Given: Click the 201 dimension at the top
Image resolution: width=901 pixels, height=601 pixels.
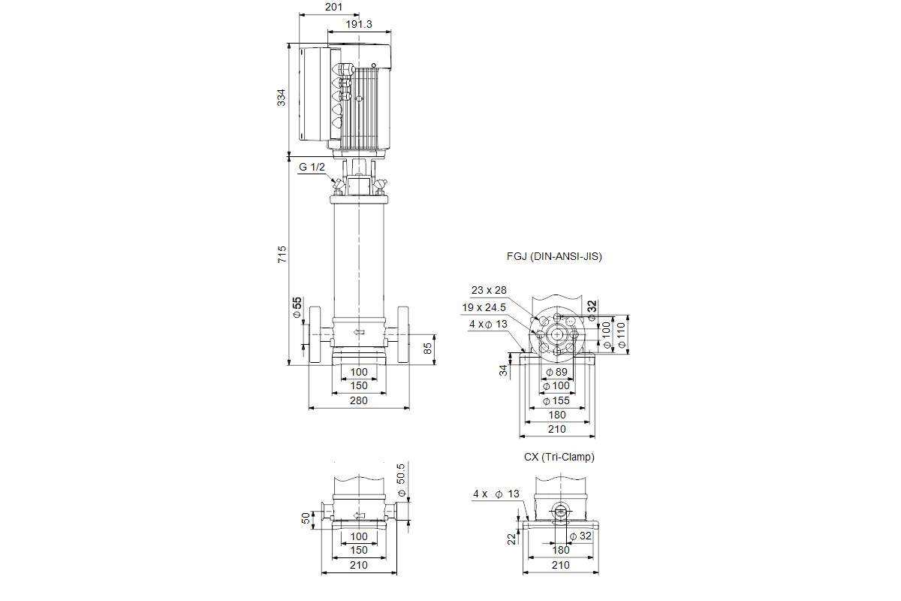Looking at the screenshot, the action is (333, 8).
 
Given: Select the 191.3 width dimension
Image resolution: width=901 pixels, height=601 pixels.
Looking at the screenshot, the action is (359, 25).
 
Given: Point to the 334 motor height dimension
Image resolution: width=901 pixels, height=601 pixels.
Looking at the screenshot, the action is (281, 98).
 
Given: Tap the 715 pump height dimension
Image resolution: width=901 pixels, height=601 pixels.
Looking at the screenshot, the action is (282, 255).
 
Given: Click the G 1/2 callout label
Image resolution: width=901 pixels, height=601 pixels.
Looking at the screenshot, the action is (312, 167).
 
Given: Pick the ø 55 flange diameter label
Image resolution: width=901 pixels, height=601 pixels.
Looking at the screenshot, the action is (297, 308).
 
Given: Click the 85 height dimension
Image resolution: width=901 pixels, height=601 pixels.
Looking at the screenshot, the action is (427, 349).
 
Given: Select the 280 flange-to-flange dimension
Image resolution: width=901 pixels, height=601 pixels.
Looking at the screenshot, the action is (358, 400).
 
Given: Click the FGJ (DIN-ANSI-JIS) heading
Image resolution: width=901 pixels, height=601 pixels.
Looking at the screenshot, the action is (554, 256).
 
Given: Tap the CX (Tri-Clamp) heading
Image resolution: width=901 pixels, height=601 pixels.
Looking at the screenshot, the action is (559, 457).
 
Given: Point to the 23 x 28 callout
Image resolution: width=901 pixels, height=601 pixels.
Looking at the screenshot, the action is (489, 290).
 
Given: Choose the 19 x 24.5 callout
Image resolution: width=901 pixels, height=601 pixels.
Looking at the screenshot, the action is (484, 307).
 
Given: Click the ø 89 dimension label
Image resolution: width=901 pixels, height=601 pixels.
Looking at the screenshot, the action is (556, 373).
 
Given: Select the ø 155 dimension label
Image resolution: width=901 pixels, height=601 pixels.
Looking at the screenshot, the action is (556, 401).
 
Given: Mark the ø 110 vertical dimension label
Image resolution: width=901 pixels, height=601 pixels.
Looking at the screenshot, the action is (622, 335).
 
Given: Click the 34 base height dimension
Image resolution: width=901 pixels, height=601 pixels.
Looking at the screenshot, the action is (503, 370).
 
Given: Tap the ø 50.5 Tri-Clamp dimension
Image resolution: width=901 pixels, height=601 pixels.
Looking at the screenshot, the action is (401, 480).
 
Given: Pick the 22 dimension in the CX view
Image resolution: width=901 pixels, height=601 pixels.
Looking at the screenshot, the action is (511, 539).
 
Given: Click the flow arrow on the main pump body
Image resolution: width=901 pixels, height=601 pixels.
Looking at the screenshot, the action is (359, 332).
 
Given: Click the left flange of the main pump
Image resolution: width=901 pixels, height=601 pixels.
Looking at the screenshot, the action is (315, 335).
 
